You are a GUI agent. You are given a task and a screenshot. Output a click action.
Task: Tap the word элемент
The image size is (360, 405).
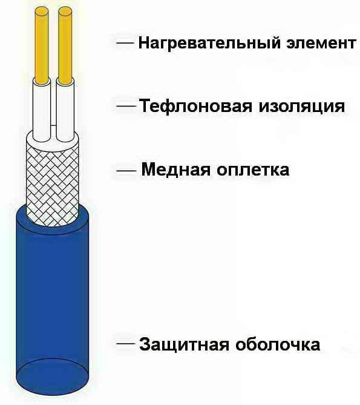pyautogui.click(x=321, y=43)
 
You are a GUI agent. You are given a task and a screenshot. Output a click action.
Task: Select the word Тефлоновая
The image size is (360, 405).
pyautogui.click(x=195, y=107)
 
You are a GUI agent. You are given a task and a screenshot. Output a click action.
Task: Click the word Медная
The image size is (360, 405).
pyautogui.click(x=175, y=170)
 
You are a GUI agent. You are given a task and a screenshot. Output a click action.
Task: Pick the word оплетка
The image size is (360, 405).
pyautogui.click(x=253, y=171)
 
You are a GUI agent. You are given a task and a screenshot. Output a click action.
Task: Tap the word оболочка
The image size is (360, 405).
pyautogui.click(x=278, y=344)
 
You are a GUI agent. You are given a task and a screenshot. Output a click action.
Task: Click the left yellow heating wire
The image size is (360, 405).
pyautogui.click(x=42, y=45)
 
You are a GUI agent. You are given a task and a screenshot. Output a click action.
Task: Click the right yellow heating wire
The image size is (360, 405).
pyautogui.click(x=65, y=45)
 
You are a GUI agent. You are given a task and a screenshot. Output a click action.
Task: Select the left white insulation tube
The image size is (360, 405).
pyautogui.click(x=41, y=110)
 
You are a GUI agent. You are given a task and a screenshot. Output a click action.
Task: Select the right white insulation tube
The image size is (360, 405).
pyautogui.click(x=65, y=110)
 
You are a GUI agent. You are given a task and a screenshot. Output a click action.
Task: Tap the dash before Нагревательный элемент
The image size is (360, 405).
pyautogui.click(x=125, y=44)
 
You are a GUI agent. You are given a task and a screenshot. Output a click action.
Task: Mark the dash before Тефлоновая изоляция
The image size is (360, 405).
pyautogui.click(x=126, y=106)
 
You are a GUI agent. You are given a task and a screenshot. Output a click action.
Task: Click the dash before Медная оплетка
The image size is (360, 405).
pyautogui.click(x=126, y=171)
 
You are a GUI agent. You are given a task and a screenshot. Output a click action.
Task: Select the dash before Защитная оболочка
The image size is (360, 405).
pyautogui.click(x=126, y=344)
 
